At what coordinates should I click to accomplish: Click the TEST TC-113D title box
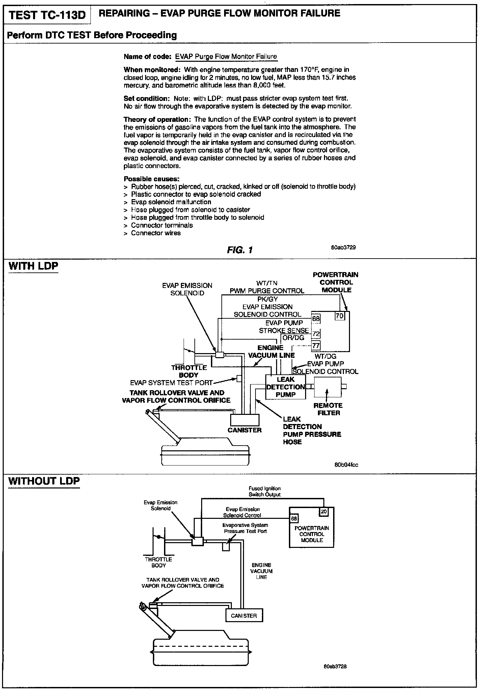tap(47, 15)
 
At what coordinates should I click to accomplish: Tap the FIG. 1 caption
tap(240, 250)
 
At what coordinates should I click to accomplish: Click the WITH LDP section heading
tap(33, 266)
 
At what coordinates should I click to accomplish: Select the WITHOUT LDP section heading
tap(44, 481)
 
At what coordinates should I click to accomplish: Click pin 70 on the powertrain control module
tap(339, 316)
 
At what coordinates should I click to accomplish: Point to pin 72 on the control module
tap(316, 334)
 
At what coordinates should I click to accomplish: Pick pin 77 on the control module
tap(316, 345)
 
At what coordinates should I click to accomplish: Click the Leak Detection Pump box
tap(286, 387)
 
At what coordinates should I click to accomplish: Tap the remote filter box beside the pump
tap(328, 387)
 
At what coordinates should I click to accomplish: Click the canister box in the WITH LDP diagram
tap(245, 420)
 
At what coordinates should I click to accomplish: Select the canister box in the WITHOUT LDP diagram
tap(244, 615)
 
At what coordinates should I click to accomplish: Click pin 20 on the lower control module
tap(324, 511)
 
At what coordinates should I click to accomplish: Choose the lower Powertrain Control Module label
tap(312, 534)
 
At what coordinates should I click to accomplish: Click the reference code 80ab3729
tap(343, 247)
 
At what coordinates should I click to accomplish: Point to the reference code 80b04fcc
tap(346, 465)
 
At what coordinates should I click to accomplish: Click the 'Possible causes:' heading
tap(152, 179)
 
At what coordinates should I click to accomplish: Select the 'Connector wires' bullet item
tap(156, 233)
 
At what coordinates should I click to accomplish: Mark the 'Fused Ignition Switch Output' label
tap(265, 491)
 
